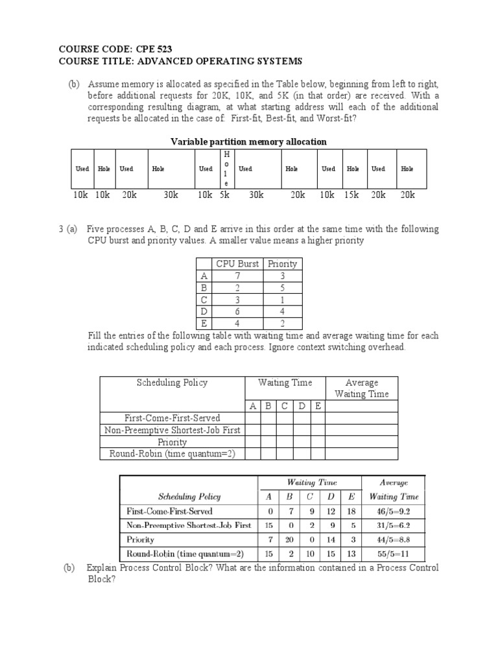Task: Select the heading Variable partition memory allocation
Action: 248,141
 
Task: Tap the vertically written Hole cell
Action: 226,169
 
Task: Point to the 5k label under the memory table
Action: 224,195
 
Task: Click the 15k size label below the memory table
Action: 352,195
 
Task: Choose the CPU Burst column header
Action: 239,263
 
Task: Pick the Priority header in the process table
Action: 282,263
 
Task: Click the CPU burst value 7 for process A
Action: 239,276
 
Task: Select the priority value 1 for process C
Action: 282,299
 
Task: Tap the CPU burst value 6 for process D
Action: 239,311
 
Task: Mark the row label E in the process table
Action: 204,323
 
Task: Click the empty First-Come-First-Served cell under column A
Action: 252,418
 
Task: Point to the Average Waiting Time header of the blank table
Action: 361,388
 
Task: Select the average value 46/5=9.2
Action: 394,511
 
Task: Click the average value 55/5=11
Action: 394,554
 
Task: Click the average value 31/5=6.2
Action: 394,525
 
